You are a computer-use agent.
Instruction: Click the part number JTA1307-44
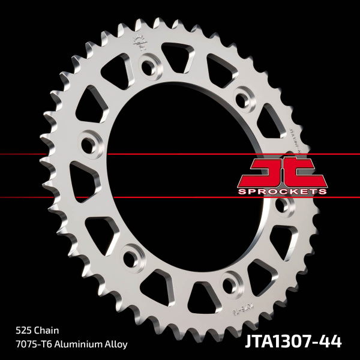point(293,342)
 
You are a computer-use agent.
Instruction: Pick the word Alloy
point(115,344)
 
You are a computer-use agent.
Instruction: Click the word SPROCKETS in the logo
point(282,191)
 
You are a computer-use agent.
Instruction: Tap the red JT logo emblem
point(282,171)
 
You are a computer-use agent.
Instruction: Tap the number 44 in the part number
point(331,342)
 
